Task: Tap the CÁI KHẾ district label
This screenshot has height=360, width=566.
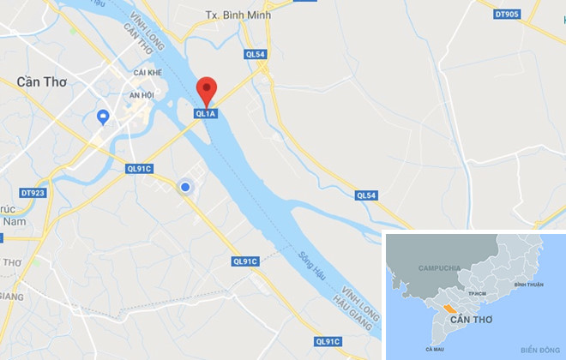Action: pos(148,74)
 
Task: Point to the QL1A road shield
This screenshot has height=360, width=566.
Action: pos(206,112)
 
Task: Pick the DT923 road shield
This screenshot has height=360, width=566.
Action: pos(32,193)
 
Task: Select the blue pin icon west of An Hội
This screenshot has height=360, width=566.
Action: pos(104,117)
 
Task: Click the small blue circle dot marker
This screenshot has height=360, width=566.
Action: pos(184,187)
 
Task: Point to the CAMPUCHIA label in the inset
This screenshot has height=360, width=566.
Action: pos(440,268)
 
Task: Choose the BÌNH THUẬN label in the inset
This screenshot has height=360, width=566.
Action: pos(529,284)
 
